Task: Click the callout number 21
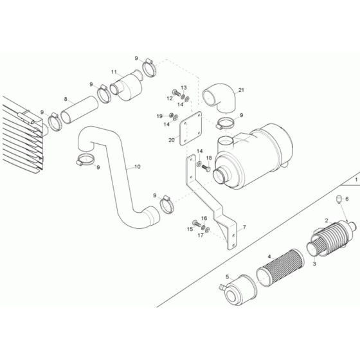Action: [242, 91]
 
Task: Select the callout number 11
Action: [114, 72]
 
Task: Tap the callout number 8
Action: [65, 99]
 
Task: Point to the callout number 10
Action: [136, 167]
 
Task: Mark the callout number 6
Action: [347, 200]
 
